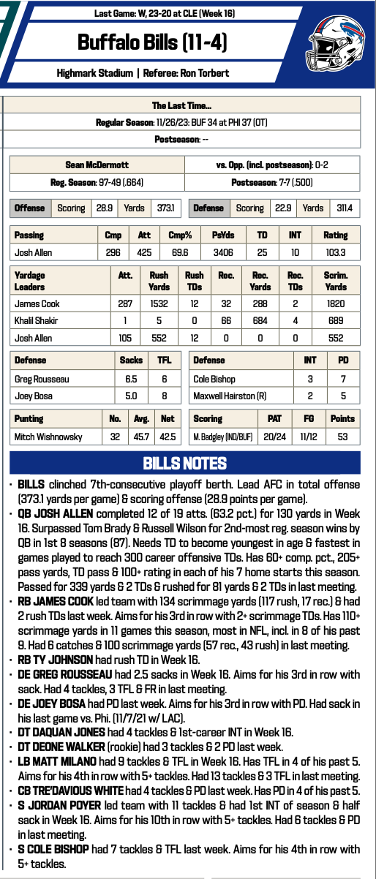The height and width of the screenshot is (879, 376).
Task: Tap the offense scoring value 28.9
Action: coord(103,208)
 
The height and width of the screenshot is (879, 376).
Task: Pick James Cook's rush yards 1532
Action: coord(159,301)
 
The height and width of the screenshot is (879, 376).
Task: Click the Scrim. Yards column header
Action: coord(335,281)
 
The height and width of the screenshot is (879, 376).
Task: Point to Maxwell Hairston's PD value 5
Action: coord(342,396)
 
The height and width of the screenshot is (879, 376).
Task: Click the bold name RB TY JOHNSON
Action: coord(50,658)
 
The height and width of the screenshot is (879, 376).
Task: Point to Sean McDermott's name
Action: coord(97,165)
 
